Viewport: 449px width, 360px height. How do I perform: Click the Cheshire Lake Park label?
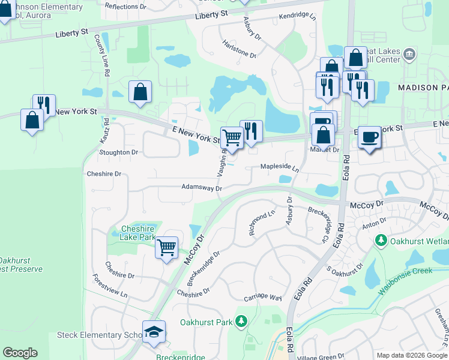(129, 233)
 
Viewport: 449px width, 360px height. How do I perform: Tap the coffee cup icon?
(370, 137)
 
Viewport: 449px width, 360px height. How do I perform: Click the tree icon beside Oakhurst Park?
(241, 322)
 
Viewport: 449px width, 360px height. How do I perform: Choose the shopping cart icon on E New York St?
(232, 137)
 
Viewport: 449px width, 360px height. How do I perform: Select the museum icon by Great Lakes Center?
(409, 54)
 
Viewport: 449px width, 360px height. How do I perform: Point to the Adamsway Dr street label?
(202, 188)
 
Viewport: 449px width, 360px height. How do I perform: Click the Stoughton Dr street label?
(118, 152)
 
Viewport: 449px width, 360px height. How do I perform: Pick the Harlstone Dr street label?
(239, 52)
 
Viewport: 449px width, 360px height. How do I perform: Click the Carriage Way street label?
(262, 298)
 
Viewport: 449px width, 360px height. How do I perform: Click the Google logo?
(20, 353)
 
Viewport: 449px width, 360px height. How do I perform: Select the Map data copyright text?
(412, 355)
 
